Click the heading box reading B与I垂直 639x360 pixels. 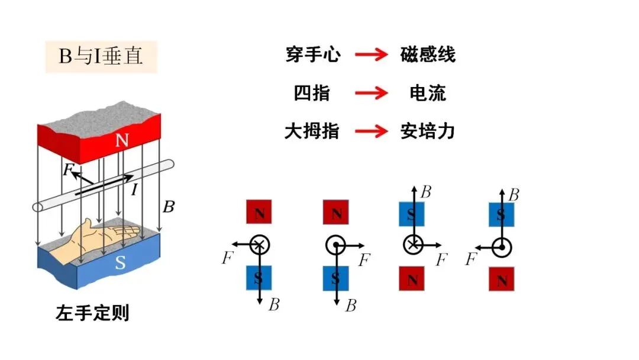[101, 57]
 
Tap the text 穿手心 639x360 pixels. [313, 54]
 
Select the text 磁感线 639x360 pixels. [428, 54]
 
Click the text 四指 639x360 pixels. [312, 93]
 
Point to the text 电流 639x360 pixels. [428, 93]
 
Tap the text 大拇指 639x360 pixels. [312, 131]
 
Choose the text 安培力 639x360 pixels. [428, 131]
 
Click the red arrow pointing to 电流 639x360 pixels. [371, 93]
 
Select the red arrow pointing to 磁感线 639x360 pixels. [371, 54]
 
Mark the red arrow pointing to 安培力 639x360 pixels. [371, 131]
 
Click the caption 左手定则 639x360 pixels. [92, 313]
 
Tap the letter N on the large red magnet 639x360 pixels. [122, 140]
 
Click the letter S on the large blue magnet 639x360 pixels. [120, 262]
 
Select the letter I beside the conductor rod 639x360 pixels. [134, 189]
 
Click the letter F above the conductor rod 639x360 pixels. [68, 169]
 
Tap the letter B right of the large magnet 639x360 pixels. [169, 207]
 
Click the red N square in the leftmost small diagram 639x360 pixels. [259, 211]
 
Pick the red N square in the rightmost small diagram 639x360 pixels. [502, 279]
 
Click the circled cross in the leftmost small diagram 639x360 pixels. [260, 245]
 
